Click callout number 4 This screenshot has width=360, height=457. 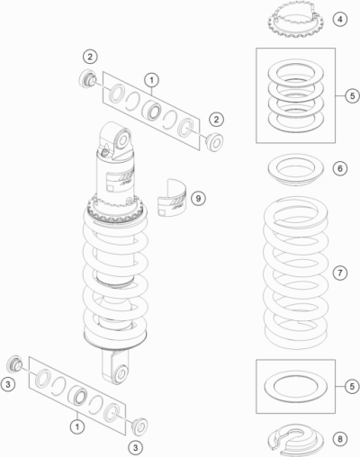[340, 19]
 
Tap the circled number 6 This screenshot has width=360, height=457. [340, 168]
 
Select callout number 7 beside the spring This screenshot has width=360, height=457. [340, 273]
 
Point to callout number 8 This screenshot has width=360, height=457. [340, 439]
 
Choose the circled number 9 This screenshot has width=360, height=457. [198, 198]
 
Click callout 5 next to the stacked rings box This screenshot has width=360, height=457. [352, 95]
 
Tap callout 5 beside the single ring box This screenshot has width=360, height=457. [352, 386]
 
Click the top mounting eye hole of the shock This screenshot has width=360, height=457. [123, 139]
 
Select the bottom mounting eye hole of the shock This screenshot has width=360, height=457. [121, 373]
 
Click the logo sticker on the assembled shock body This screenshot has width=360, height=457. [120, 181]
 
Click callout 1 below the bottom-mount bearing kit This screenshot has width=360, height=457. [77, 426]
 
